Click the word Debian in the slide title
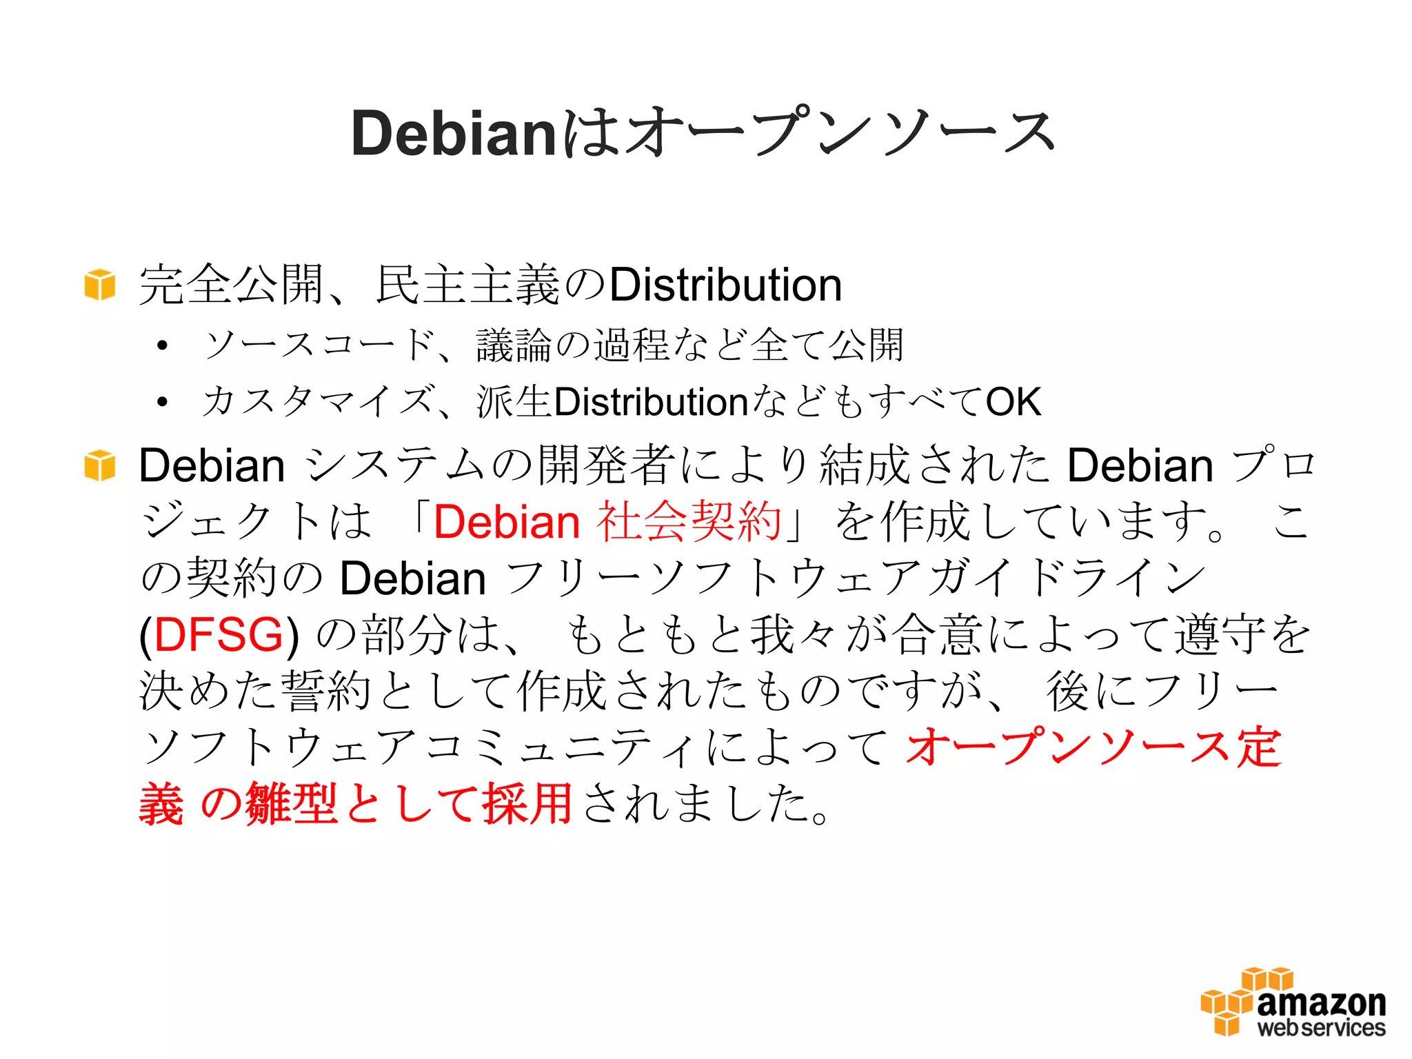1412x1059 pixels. point(453,134)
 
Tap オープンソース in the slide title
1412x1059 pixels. point(841,132)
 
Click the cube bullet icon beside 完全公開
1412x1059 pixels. point(99,285)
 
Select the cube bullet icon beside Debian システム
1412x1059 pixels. point(99,465)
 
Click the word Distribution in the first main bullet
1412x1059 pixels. point(725,285)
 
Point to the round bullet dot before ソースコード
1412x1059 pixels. point(162,345)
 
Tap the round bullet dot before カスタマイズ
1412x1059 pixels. point(162,402)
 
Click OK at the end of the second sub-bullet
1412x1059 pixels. point(1013,402)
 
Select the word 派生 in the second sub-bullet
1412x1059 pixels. point(514,402)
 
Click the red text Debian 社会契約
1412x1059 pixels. point(607,522)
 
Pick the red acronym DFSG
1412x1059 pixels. point(219,635)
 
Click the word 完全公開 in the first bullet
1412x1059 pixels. point(231,285)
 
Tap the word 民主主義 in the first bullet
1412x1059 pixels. point(467,285)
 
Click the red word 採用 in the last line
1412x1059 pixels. point(527,804)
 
